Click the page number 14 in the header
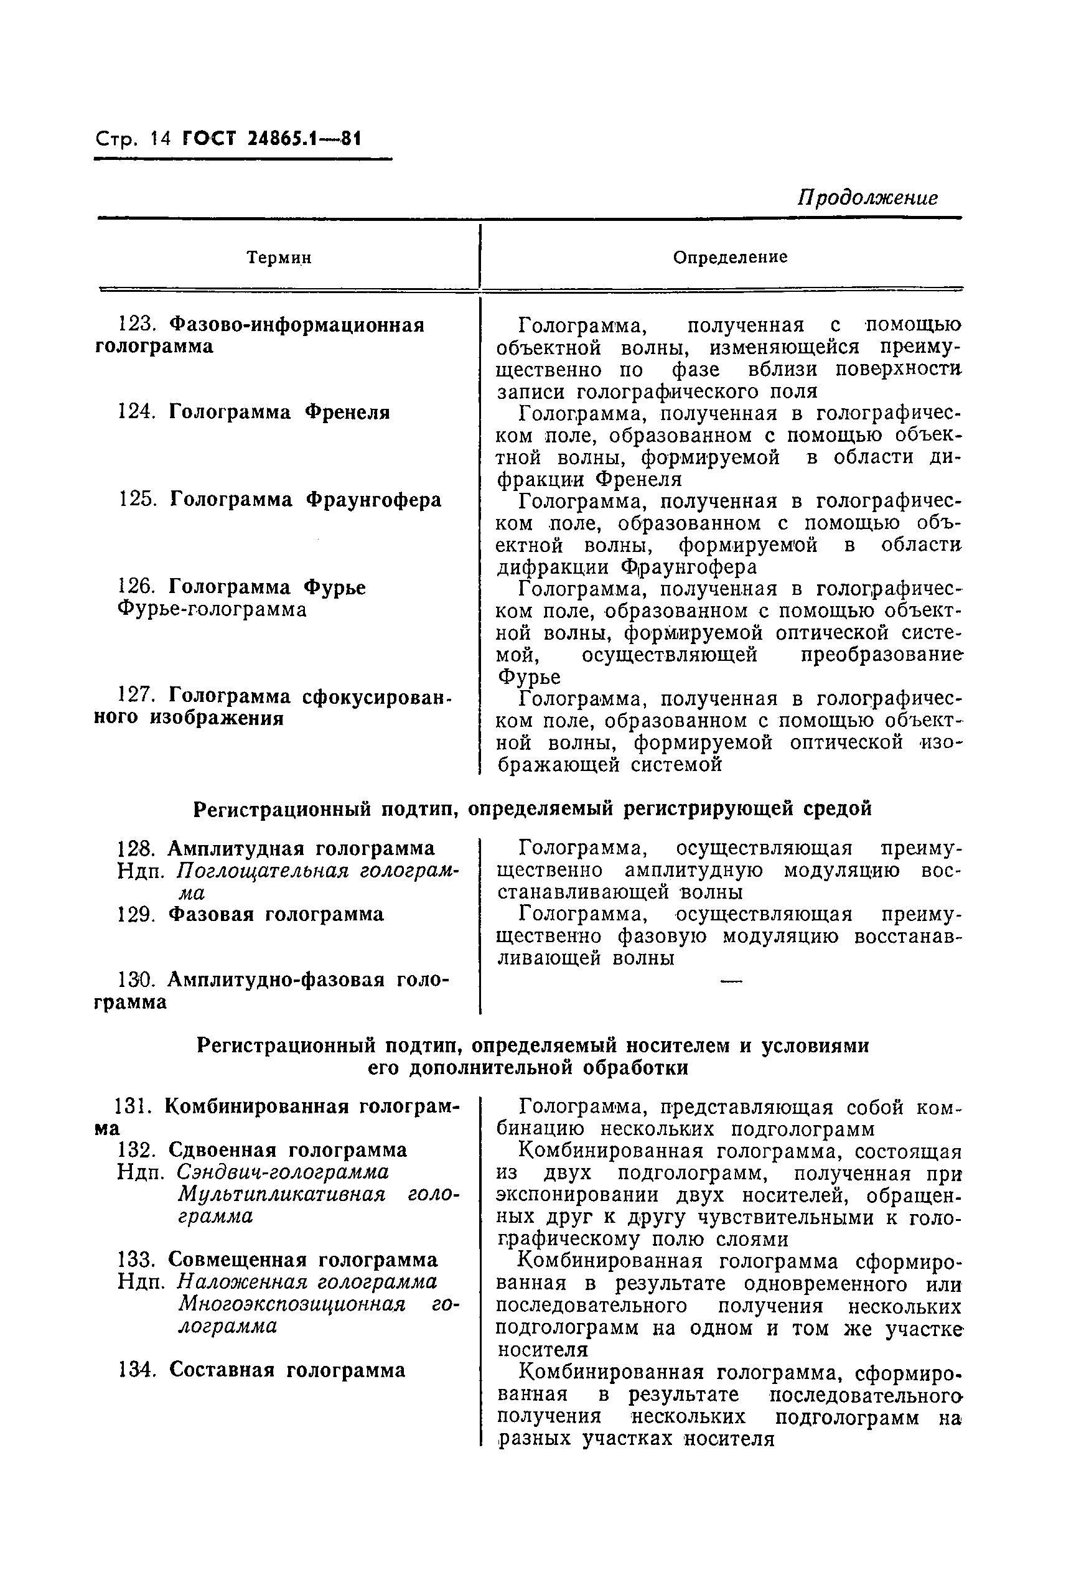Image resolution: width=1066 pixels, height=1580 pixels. point(162,139)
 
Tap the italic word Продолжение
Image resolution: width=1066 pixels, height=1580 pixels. point(868,197)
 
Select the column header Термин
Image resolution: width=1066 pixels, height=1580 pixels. point(279,258)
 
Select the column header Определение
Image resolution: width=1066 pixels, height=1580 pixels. point(730,257)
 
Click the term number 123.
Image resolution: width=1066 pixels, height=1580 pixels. point(138,325)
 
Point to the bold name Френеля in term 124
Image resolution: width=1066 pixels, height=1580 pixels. point(347,412)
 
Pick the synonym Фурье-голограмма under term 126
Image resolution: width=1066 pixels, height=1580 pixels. point(212,609)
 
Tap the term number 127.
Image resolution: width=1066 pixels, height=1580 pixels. point(138,696)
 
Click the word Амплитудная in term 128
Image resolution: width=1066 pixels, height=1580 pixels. point(236,848)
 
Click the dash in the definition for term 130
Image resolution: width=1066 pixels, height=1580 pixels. point(730,979)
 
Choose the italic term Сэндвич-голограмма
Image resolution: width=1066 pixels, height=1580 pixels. point(283,1172)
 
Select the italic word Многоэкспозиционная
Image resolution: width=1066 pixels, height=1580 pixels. point(292,1304)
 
